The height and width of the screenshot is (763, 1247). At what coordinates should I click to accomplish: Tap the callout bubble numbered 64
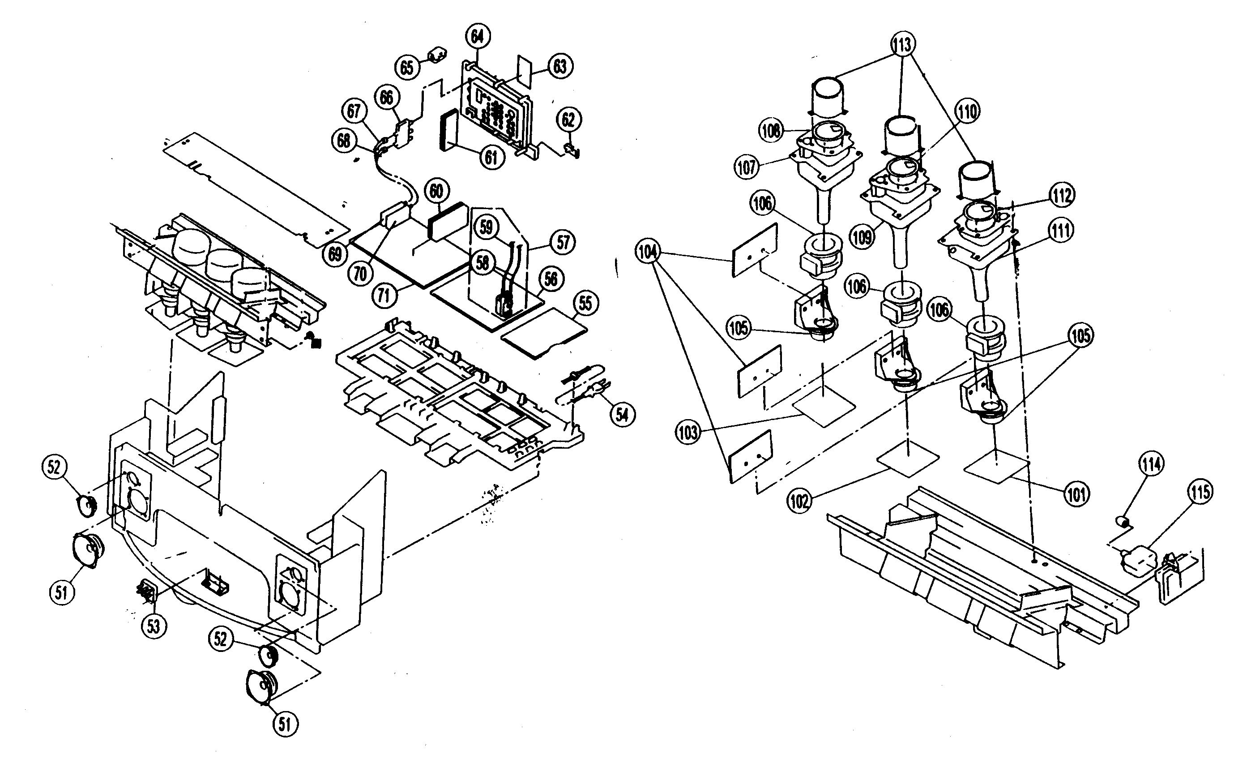(x=477, y=36)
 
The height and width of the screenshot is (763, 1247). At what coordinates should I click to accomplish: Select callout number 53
(x=154, y=626)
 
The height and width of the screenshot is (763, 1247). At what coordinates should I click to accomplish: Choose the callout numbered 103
(x=688, y=433)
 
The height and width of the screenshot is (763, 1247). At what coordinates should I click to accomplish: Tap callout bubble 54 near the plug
(x=622, y=415)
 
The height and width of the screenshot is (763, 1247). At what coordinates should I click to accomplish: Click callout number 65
(x=407, y=67)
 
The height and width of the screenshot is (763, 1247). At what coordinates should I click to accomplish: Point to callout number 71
(x=384, y=295)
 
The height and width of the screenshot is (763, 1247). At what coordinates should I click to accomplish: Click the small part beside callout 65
(x=439, y=54)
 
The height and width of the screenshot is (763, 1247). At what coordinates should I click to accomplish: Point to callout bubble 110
(x=967, y=111)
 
